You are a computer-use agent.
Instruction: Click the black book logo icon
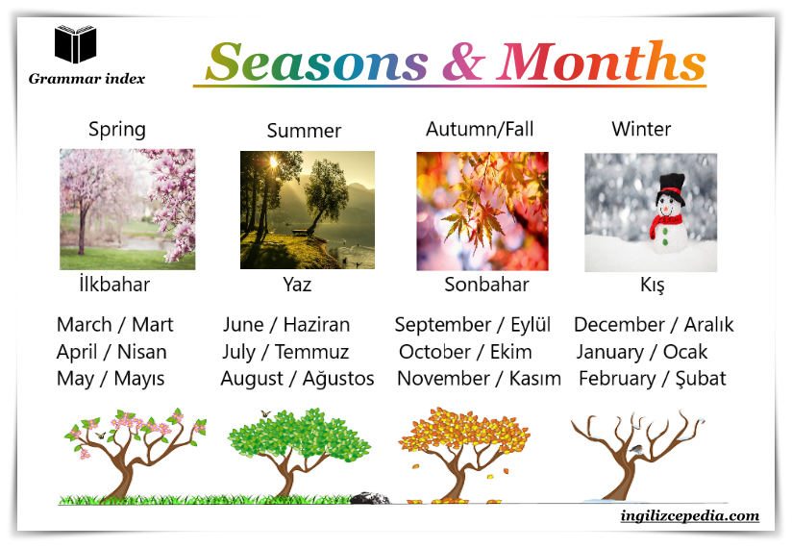click(75, 44)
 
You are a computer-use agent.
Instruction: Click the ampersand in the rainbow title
click(464, 62)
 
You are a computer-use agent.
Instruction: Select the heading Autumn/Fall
click(480, 129)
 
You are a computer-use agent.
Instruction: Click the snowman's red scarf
click(664, 224)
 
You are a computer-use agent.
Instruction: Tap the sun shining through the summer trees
click(273, 162)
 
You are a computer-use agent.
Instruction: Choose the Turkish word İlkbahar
click(114, 285)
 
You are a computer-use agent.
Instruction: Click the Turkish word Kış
click(652, 286)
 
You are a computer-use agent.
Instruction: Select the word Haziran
click(316, 325)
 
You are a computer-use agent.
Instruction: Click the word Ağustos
click(338, 379)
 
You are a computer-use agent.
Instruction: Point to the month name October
click(434, 352)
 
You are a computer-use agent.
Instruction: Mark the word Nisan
click(142, 352)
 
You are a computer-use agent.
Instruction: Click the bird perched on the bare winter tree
click(637, 449)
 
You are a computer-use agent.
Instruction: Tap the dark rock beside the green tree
click(370, 498)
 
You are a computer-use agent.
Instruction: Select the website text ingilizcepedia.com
click(689, 516)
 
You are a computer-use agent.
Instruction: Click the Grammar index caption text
click(87, 79)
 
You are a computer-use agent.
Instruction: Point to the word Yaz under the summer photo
click(297, 285)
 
